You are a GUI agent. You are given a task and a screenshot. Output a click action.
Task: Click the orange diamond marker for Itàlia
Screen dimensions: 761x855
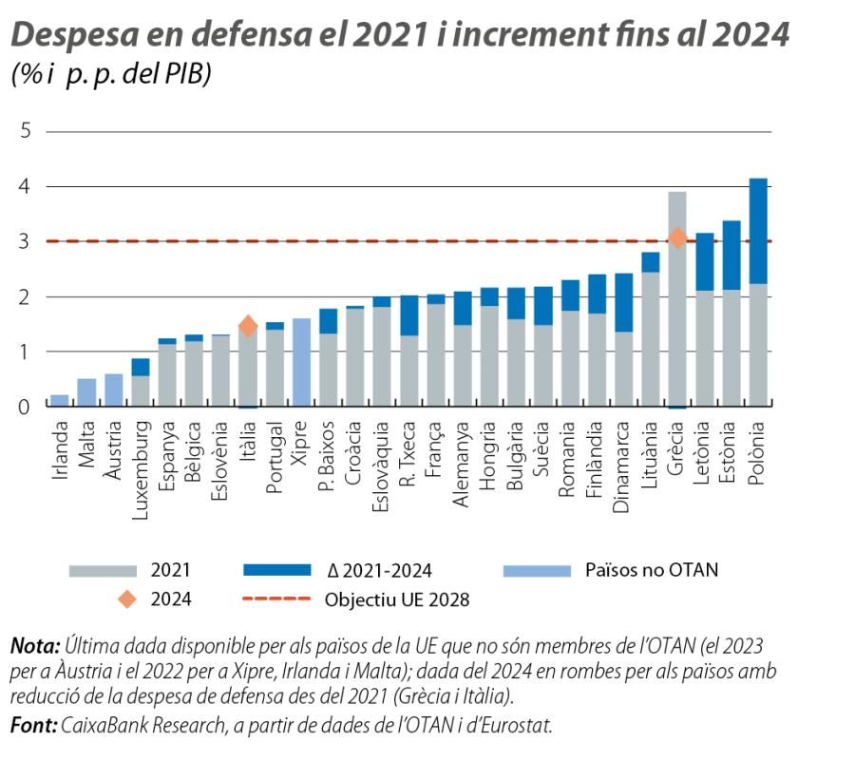pyautogui.click(x=248, y=326)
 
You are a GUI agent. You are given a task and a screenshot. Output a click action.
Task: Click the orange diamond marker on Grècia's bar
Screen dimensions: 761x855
pyautogui.click(x=677, y=238)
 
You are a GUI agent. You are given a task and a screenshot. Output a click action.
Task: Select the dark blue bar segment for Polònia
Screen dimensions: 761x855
pyautogui.click(x=758, y=231)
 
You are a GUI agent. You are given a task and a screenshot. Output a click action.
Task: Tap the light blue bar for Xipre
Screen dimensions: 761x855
pyautogui.click(x=301, y=362)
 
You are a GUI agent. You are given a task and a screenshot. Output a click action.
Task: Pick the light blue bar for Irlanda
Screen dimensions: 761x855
pyautogui.click(x=59, y=400)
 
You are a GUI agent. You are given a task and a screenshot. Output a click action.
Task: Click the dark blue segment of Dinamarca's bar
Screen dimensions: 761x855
pyautogui.click(x=623, y=302)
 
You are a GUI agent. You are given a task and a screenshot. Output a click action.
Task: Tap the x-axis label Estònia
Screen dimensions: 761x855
pyautogui.click(x=731, y=457)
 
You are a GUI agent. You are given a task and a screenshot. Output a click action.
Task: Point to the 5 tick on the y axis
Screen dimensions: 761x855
pyautogui.click(x=25, y=131)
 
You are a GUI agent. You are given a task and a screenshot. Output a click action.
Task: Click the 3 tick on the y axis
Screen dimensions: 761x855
pyautogui.click(x=25, y=241)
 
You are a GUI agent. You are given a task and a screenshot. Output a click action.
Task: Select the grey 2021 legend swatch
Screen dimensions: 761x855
pyautogui.click(x=102, y=571)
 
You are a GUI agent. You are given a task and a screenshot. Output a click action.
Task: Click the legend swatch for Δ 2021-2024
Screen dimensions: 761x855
pyautogui.click(x=277, y=571)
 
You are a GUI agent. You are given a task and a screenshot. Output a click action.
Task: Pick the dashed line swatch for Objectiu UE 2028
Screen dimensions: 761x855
pyautogui.click(x=277, y=599)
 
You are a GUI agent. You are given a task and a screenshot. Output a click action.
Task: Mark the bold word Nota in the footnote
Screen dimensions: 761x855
pyautogui.click(x=33, y=646)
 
